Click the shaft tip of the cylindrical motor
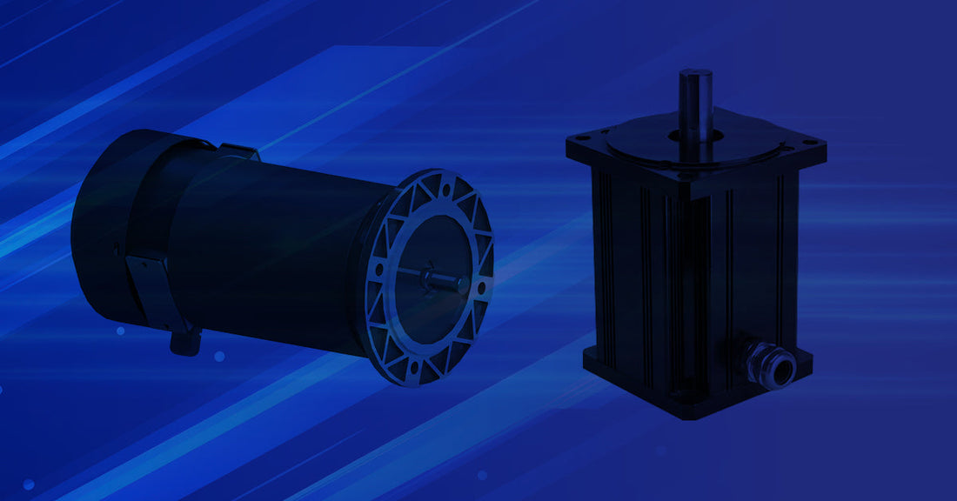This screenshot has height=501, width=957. point(459,282)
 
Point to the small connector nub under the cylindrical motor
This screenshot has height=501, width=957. point(182,341)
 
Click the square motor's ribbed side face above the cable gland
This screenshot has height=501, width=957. point(757,261)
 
